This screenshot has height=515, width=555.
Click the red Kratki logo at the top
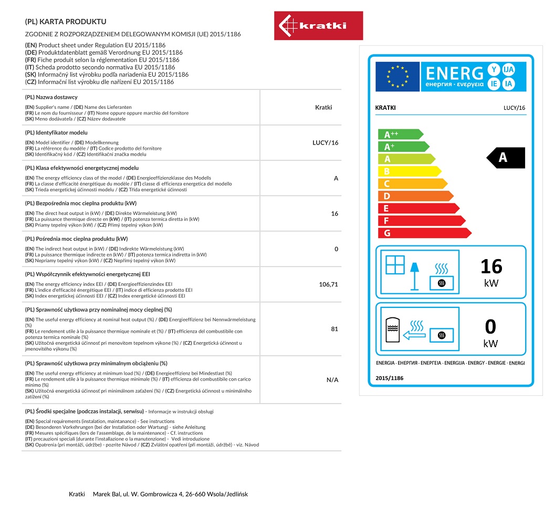click(x=318, y=25)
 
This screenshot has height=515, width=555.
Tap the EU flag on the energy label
click(x=397, y=77)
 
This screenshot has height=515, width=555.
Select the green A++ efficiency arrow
click(x=400, y=134)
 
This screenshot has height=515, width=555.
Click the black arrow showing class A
click(x=505, y=158)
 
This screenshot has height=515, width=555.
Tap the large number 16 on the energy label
click(x=491, y=266)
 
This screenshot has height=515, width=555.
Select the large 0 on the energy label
click(x=490, y=327)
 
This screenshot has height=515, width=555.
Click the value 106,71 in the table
click(x=328, y=284)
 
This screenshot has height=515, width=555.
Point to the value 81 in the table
click(x=334, y=329)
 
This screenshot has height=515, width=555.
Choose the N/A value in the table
click(x=332, y=379)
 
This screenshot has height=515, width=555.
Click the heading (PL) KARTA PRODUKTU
click(x=66, y=22)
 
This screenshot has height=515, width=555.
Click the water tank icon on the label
click(x=392, y=329)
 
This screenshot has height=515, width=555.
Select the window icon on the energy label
click(x=395, y=264)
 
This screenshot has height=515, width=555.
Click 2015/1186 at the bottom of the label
click(x=390, y=378)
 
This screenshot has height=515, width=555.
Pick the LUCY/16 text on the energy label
click(x=514, y=108)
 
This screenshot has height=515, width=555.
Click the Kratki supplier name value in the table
click(x=323, y=107)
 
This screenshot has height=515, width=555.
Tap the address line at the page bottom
click(x=158, y=495)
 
